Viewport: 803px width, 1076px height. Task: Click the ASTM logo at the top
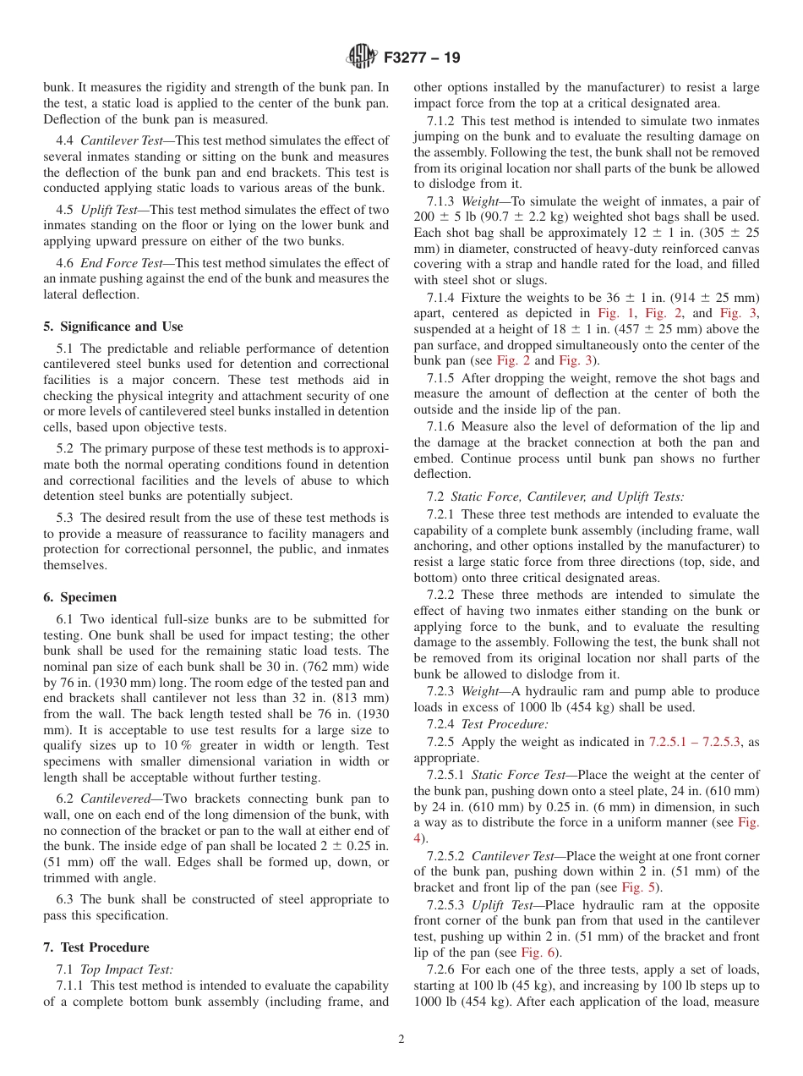(362, 58)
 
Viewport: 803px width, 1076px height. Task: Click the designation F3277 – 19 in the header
(422, 58)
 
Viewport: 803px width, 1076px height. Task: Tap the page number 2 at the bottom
(401, 1040)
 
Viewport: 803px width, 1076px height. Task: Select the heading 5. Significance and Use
(113, 327)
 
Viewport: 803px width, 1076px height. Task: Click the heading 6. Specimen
(80, 597)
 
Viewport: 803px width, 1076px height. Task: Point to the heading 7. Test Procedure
(96, 947)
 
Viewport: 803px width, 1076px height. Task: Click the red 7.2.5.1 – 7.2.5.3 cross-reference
(694, 742)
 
